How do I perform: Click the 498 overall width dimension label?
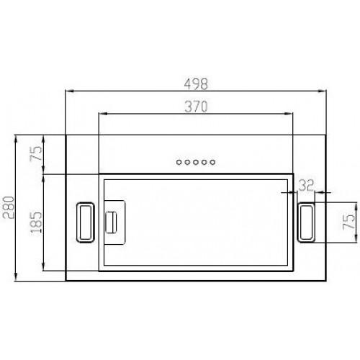[194, 83]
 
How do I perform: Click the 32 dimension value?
[306, 185]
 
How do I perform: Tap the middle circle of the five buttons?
[195, 162]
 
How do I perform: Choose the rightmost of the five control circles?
[213, 162]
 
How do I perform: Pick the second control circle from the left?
[186, 162]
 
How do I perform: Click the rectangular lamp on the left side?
[86, 222]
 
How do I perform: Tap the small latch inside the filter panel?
[112, 222]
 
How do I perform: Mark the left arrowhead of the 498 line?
[68, 91]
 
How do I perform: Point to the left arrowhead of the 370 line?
[100, 114]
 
